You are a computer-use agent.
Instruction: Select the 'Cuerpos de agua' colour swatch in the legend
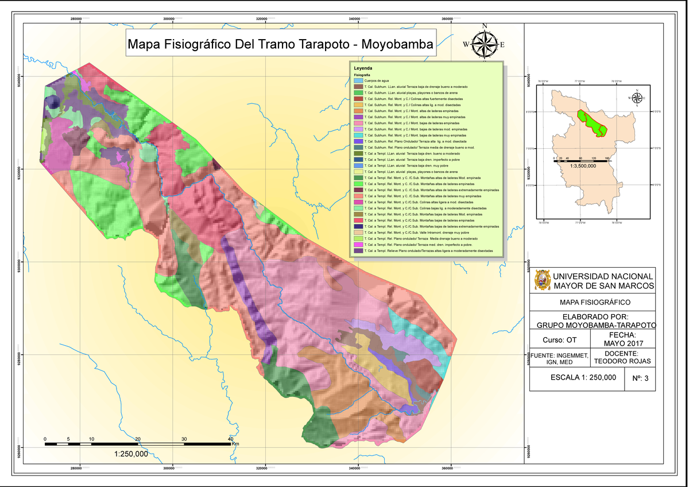(x=358, y=80)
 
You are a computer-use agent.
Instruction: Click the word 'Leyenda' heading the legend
(x=363, y=68)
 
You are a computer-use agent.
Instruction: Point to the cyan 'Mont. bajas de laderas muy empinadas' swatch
(x=358, y=136)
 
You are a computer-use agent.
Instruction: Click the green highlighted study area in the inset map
(x=591, y=123)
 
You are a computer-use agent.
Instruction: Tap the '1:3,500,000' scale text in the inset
(x=580, y=166)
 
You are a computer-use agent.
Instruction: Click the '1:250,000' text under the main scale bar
(x=131, y=454)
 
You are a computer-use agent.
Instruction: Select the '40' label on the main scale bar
(x=230, y=439)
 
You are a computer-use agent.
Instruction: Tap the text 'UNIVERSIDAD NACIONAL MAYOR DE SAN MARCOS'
(x=603, y=281)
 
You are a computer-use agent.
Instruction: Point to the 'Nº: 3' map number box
(x=640, y=378)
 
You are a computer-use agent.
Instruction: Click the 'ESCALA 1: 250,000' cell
(x=583, y=377)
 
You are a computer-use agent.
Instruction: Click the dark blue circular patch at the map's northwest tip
(x=53, y=103)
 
